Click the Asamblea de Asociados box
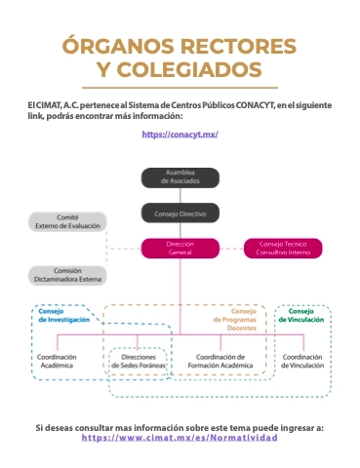point(180,177)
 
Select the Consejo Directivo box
point(180,214)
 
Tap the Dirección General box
point(180,249)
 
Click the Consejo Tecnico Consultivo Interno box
point(283,249)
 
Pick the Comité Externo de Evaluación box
point(67,221)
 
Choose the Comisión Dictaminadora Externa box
point(67,275)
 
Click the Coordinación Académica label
point(57,361)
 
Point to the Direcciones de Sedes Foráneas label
point(139,361)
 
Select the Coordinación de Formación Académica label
point(220,361)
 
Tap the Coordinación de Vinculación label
point(302,361)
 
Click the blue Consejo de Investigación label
point(64,315)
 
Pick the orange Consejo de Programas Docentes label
point(235,320)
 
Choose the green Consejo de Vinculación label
point(301,315)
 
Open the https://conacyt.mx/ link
point(180,135)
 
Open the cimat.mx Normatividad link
point(180,438)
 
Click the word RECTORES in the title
point(238,46)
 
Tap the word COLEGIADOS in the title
point(189,69)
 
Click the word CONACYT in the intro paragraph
point(256,105)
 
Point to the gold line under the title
point(180,88)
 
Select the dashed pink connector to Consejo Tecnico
point(231,249)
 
